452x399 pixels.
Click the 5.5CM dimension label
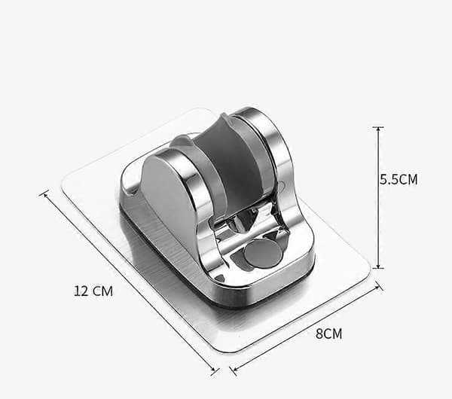pos(399,179)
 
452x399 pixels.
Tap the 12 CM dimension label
pos(93,291)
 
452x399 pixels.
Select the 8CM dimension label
pos(329,334)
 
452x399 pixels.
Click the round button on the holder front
pos(263,253)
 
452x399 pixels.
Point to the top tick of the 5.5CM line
pos(378,126)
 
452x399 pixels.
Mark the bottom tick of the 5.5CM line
pos(378,268)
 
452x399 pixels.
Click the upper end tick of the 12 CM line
pos(44,193)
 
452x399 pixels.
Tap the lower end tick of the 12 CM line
pos(215,372)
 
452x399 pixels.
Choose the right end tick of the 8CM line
pos(380,286)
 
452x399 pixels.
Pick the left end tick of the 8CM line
pos(233,370)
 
